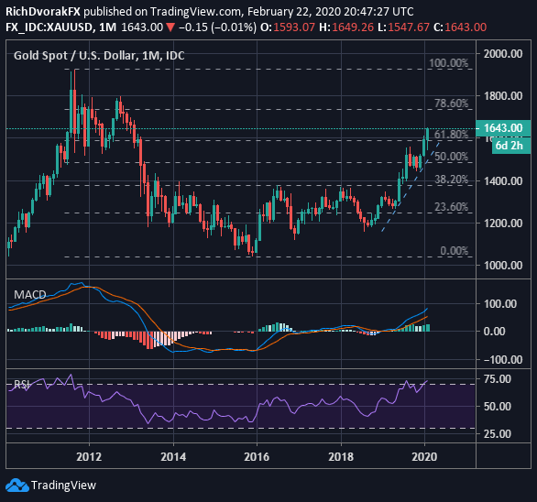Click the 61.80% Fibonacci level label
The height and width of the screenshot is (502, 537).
coord(451,135)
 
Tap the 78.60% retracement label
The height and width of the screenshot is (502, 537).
coord(451,104)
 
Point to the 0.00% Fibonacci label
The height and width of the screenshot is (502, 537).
coord(455,251)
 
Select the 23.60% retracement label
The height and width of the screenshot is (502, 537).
coord(451,207)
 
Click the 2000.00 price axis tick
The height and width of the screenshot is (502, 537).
coord(503,54)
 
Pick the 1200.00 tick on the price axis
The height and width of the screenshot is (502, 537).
coord(503,224)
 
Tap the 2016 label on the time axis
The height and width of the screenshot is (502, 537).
coord(257,457)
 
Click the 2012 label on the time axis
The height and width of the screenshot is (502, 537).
coord(89,457)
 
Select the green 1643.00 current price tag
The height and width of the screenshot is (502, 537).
coord(503,128)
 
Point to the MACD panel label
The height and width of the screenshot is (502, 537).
coord(30,294)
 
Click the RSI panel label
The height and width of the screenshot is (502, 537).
coord(22,385)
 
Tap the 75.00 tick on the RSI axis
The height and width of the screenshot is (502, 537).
coord(498,379)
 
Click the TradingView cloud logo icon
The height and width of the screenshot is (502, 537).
coord(17,486)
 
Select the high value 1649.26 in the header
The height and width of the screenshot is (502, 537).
coord(353,27)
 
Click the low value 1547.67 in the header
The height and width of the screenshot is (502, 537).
coord(409,27)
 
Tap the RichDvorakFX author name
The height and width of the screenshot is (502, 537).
coord(43,12)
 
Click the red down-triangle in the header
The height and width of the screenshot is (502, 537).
coord(170,27)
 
